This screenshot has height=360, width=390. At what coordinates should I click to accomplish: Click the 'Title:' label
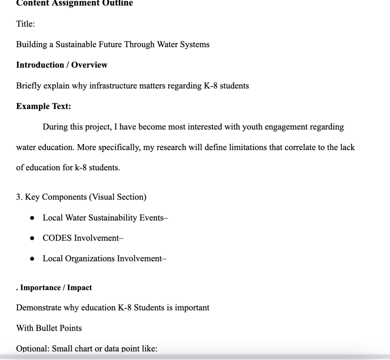point(26,24)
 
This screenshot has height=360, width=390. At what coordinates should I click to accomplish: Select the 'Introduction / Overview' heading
point(62,65)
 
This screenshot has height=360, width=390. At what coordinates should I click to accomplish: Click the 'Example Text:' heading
point(43,106)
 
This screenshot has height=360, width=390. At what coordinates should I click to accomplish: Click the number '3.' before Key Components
point(19,197)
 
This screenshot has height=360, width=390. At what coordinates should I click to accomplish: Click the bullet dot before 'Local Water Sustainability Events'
point(33,218)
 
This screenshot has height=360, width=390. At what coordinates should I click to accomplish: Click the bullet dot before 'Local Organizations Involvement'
point(33,259)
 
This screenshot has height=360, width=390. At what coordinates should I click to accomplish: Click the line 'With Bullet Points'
point(49,328)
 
